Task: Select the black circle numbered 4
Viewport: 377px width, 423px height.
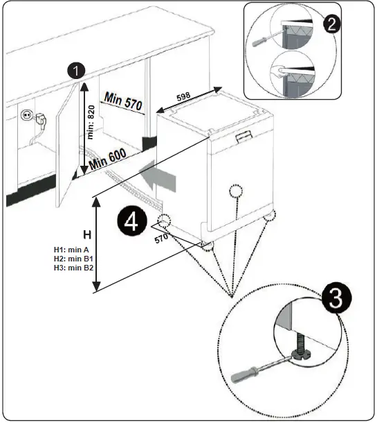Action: point(131,223)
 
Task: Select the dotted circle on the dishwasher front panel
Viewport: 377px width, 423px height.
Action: point(235,192)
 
